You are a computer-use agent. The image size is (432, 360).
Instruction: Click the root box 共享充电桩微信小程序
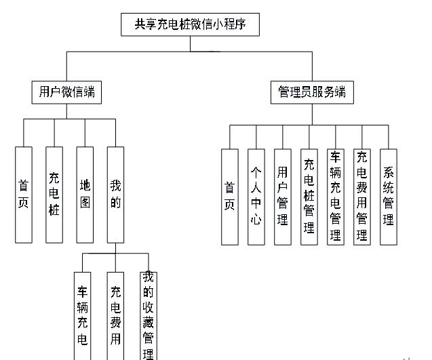[190, 25]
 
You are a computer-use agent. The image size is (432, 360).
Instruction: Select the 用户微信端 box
[66, 92]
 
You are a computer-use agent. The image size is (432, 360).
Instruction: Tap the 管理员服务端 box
[312, 92]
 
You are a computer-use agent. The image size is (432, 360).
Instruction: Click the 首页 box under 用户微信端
[24, 195]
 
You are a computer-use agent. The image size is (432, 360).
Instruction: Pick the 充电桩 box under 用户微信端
[54, 195]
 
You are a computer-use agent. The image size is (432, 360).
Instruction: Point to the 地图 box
[85, 195]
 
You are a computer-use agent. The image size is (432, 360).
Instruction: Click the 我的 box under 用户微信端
[115, 195]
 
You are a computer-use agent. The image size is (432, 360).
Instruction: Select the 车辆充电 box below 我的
[83, 315]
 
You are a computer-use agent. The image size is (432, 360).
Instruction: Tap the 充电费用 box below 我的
[116, 315]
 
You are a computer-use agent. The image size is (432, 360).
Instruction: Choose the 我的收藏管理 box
[148, 315]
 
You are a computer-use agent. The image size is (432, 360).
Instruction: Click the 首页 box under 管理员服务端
[230, 196]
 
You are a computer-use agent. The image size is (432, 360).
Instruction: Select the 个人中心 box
[256, 196]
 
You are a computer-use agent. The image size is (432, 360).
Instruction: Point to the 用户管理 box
[283, 196]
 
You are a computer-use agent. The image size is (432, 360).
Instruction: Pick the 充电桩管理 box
[309, 196]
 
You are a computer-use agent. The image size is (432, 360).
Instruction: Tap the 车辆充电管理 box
[335, 196]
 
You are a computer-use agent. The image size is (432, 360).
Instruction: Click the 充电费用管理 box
[362, 196]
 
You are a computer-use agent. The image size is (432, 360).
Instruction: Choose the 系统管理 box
[389, 196]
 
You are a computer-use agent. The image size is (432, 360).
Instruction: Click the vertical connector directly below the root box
[190, 44]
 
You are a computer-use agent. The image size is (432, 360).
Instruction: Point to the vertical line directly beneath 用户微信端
[66, 111]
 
